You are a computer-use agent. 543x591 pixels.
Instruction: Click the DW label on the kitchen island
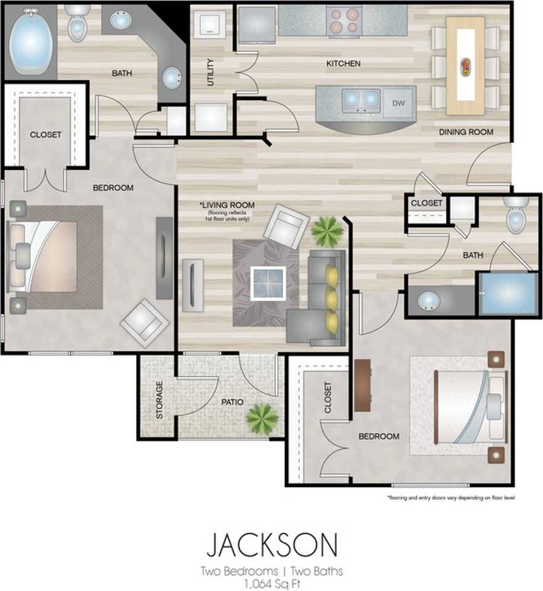tap(398, 103)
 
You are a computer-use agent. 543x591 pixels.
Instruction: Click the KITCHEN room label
tap(344, 63)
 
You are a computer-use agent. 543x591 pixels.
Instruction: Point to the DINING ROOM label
tap(466, 132)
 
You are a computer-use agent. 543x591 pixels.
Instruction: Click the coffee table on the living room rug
tap(268, 283)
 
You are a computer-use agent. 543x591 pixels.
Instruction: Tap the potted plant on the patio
tap(262, 418)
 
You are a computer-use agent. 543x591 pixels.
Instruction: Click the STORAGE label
tap(159, 400)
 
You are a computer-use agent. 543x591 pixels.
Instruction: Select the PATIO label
tap(232, 402)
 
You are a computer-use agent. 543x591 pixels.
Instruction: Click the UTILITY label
tap(211, 72)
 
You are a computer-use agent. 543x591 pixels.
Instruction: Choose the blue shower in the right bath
tap(509, 293)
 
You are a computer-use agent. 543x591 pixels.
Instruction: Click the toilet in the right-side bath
tap(516, 214)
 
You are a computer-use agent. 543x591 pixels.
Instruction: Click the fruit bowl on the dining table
tap(466, 66)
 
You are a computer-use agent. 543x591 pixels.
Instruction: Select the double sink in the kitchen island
tap(361, 100)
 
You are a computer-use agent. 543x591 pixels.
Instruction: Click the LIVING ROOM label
tap(227, 205)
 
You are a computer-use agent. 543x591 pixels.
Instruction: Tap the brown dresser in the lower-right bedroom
tap(363, 385)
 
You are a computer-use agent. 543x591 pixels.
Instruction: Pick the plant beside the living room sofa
tap(327, 231)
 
